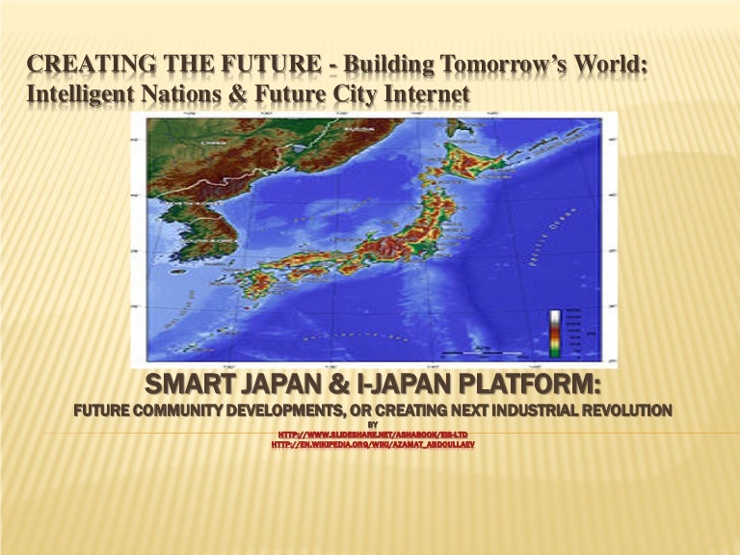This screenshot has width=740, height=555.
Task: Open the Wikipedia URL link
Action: [372, 445]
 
